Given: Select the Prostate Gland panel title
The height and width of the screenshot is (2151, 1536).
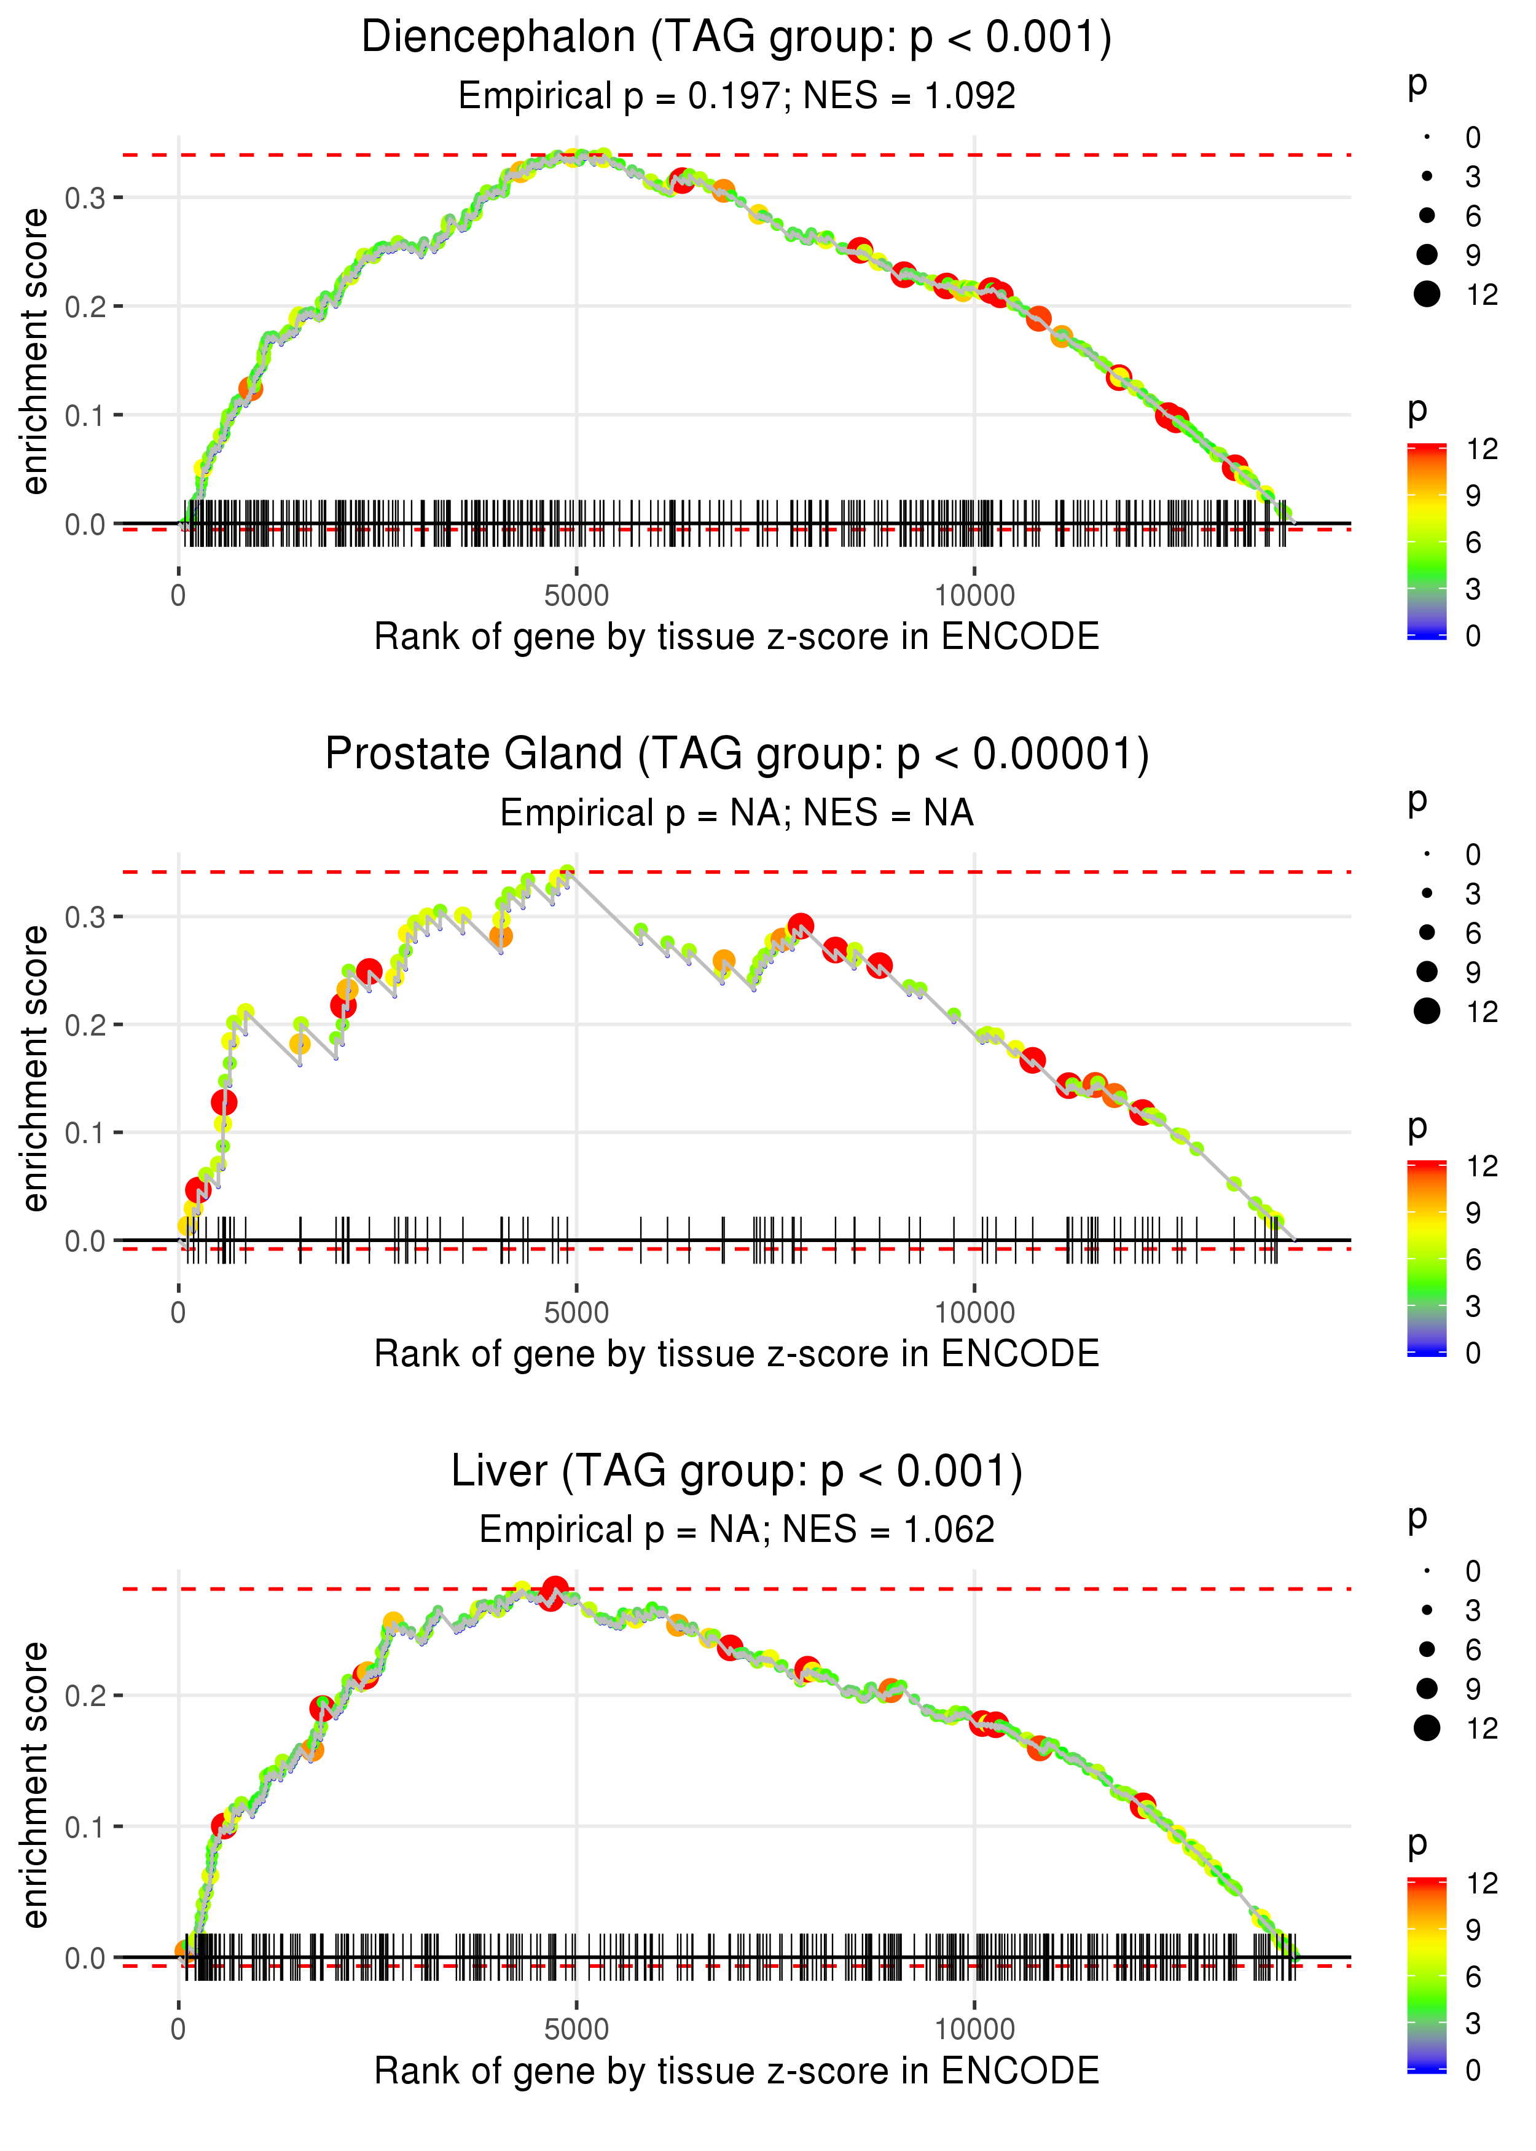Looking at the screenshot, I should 736,755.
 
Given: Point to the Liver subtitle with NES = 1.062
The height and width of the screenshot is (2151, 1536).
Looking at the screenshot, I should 736,1530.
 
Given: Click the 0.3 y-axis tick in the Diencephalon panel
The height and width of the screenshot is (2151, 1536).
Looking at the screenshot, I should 85,199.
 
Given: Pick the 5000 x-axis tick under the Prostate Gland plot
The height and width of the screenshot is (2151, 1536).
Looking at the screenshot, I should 576,1313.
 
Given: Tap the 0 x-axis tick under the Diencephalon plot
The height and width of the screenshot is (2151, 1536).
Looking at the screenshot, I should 179,596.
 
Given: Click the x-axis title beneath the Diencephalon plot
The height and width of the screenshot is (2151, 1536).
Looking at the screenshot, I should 736,637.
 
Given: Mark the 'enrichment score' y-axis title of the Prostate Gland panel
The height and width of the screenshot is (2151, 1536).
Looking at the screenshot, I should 35,1068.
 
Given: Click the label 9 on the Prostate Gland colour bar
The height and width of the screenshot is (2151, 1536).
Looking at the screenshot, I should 1473,1213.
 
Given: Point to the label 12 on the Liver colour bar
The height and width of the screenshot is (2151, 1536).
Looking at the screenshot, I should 1481,1883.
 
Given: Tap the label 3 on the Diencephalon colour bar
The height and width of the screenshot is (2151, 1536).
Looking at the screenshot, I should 1473,589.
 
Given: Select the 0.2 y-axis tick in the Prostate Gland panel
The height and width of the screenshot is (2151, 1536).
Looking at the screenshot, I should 85,1025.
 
